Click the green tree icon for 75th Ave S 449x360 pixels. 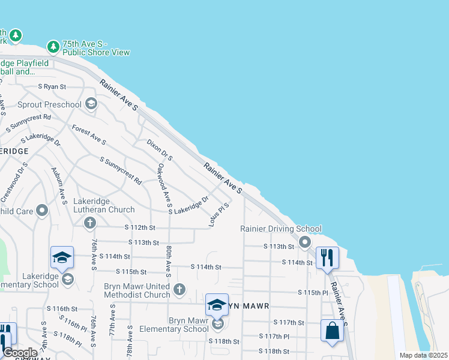point(53,46)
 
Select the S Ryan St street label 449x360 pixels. point(52,86)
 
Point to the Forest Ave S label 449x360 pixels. point(89,135)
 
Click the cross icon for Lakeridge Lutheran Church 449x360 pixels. point(90,224)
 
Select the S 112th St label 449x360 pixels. point(140,228)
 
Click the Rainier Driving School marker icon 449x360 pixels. point(305,242)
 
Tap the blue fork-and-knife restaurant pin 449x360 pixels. point(327,258)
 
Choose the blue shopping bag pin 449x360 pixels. point(333,331)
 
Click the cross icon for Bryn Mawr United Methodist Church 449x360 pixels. point(179,290)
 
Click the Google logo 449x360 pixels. point(19,353)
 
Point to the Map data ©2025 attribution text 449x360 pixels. point(423,355)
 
